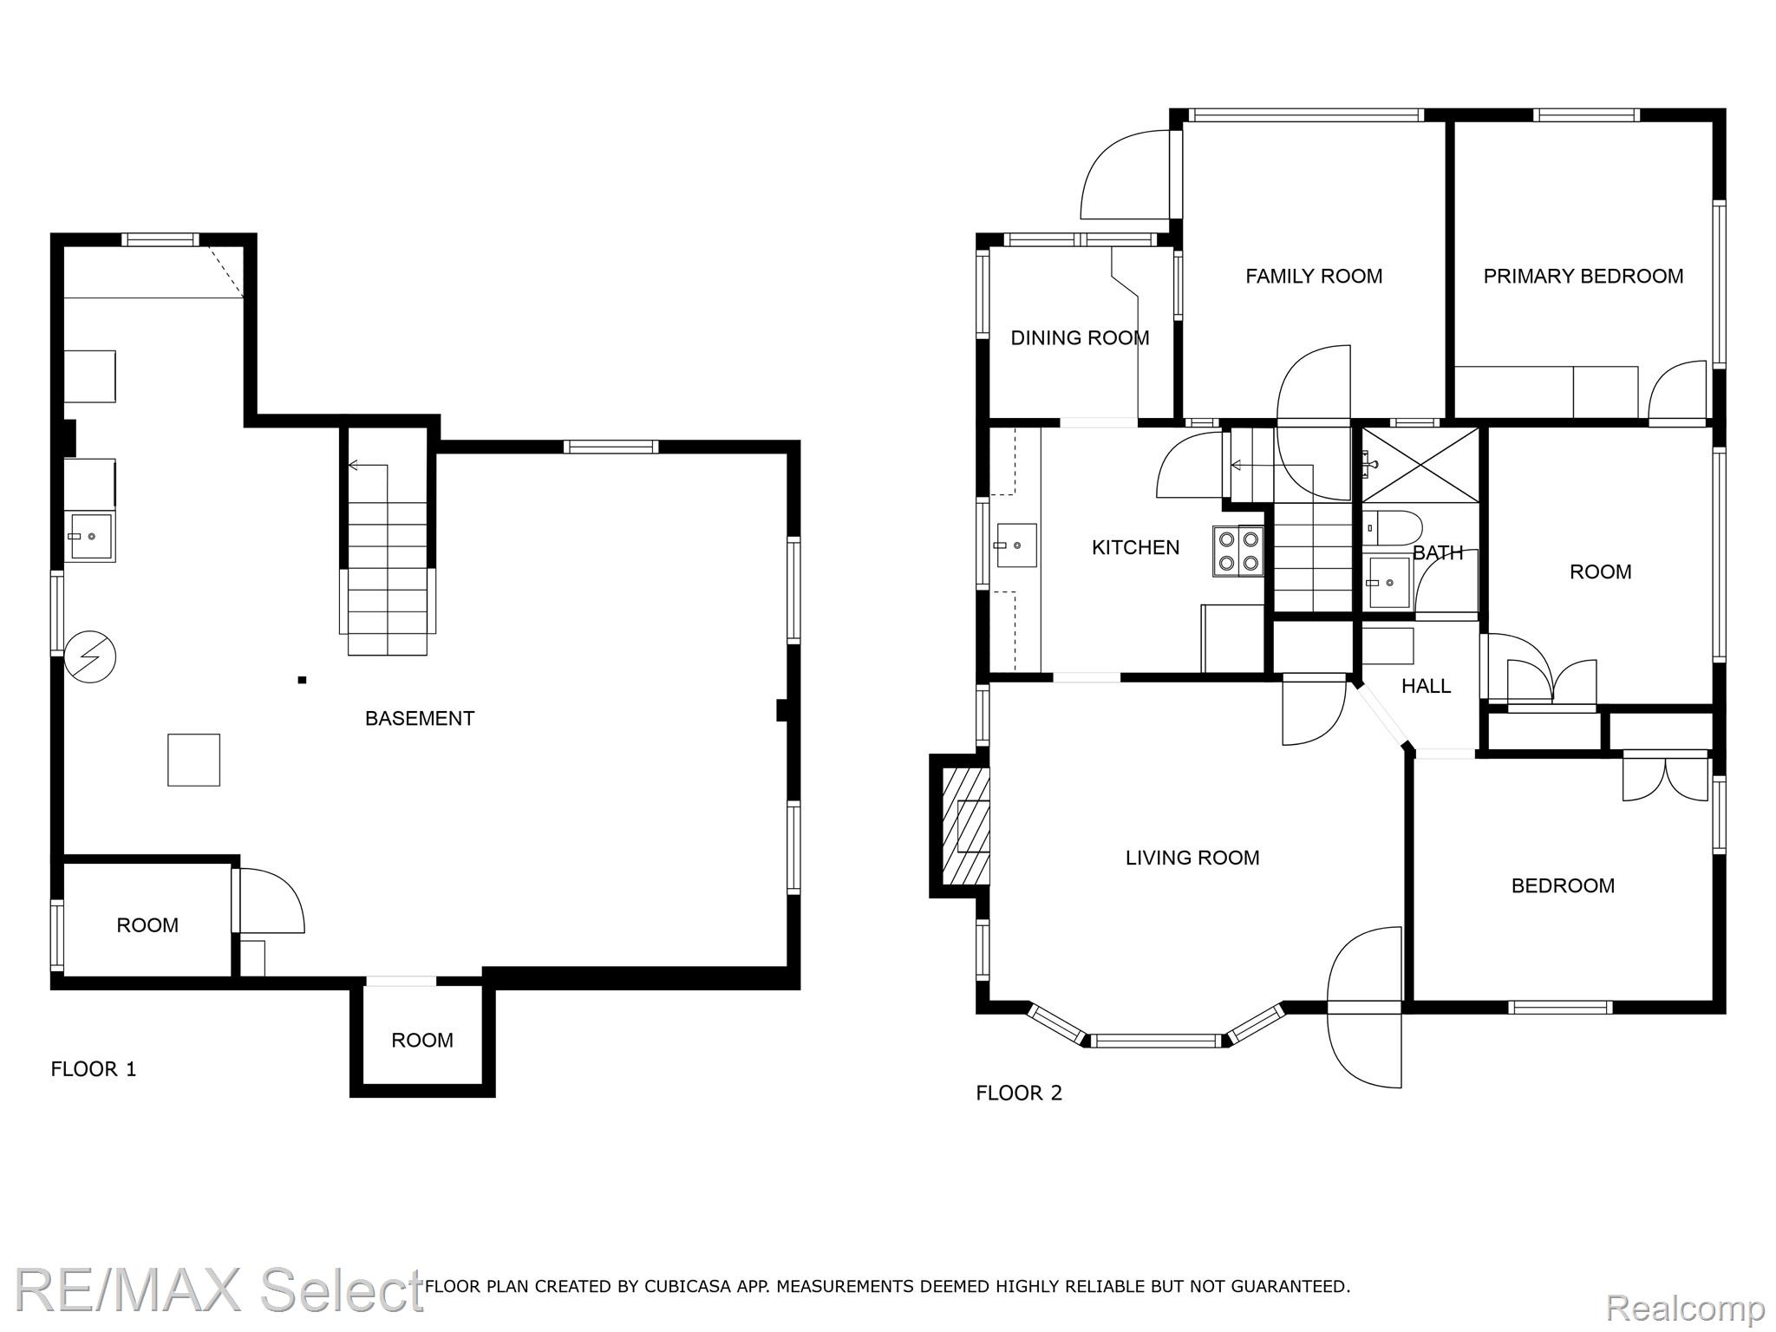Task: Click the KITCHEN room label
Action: pyautogui.click(x=1135, y=547)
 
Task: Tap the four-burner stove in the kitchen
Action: pyautogui.click(x=1238, y=551)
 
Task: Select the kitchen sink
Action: pyautogui.click(x=1016, y=545)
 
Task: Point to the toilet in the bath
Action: pyautogui.click(x=1392, y=528)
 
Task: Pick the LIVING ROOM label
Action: pyautogui.click(x=1192, y=858)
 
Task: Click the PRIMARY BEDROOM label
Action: pyautogui.click(x=1583, y=276)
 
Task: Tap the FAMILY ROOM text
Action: pyautogui.click(x=1314, y=276)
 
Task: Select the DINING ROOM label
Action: pyautogui.click(x=1080, y=337)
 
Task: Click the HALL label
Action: pyautogui.click(x=1426, y=686)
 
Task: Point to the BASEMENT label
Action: pyautogui.click(x=420, y=718)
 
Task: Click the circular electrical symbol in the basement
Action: pyautogui.click(x=90, y=656)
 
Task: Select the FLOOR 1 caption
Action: pyautogui.click(x=94, y=1069)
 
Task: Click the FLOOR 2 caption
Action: pyautogui.click(x=1019, y=1093)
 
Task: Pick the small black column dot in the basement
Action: pyautogui.click(x=302, y=680)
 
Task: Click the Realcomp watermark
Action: pyautogui.click(x=1686, y=1306)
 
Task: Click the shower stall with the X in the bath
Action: pyautogui.click(x=1420, y=465)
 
